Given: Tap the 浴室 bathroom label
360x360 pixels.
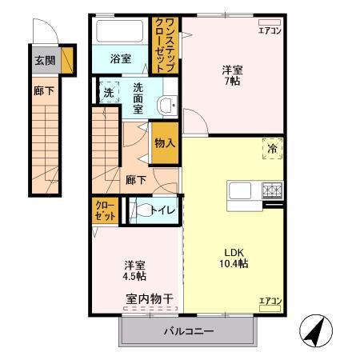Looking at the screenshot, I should click(120, 58).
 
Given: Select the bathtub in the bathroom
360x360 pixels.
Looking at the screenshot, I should click(121, 32).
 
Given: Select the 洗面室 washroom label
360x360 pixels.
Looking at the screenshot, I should click(138, 98).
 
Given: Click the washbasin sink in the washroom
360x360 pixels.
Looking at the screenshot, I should click(166, 104).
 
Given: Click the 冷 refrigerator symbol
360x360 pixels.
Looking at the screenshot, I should click(272, 148).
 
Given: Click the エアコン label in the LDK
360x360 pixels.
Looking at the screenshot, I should click(269, 301).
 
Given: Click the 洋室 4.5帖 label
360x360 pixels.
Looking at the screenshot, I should click(134, 270).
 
